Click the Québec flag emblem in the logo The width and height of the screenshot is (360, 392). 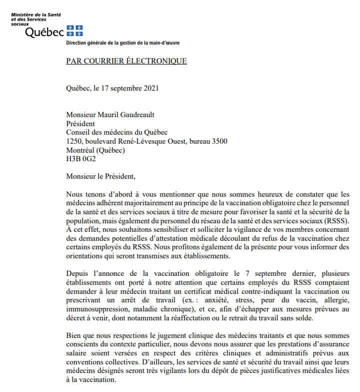coord(75,31)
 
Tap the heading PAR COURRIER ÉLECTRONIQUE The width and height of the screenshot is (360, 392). coord(126,62)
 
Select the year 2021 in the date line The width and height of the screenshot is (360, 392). coord(150,89)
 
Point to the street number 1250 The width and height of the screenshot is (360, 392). coord(74,142)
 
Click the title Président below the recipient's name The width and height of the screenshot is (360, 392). coord(80,124)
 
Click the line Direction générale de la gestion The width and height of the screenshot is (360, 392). coord(123,43)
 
